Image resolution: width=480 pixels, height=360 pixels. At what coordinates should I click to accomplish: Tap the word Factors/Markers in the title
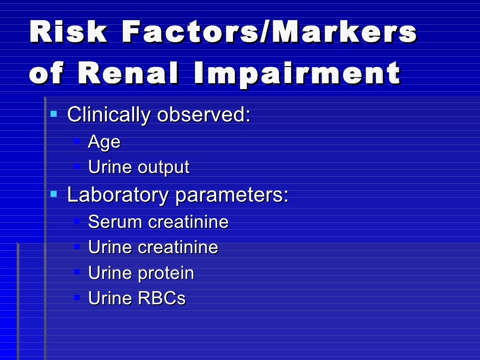coord(269,33)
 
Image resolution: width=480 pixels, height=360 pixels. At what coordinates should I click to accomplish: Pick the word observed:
coord(204,115)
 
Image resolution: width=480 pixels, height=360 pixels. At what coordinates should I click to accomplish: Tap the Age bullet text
coord(104,142)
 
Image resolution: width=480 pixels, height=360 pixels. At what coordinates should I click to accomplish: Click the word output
coord(164,168)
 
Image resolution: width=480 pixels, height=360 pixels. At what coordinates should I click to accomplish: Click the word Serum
coord(115,222)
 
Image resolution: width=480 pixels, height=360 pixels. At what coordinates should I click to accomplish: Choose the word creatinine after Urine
coord(178,247)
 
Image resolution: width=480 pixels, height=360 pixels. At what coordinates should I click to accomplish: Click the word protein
coord(166,273)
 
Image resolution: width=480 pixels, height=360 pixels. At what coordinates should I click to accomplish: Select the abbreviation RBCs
coord(162,298)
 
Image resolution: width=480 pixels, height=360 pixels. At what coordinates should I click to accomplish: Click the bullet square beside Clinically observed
coord(54,113)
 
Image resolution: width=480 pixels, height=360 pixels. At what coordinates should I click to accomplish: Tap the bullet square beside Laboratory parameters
coord(54,193)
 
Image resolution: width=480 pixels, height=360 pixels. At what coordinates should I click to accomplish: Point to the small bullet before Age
coord(78,141)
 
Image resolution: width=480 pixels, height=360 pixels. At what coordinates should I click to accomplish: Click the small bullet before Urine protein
coord(78,271)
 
